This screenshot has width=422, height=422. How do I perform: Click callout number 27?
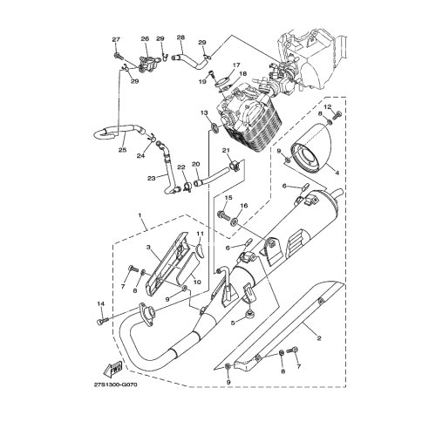(x=115, y=40)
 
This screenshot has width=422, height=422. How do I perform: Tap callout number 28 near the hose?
(x=180, y=37)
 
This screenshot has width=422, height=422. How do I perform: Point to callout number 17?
(x=235, y=65)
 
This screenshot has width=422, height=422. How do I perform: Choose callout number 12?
(x=327, y=106)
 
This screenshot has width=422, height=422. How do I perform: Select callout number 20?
(x=196, y=164)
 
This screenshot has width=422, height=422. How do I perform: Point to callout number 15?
(x=228, y=199)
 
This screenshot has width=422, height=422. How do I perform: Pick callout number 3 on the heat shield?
(x=150, y=248)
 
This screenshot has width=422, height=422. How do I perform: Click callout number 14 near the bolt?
(x=101, y=303)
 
